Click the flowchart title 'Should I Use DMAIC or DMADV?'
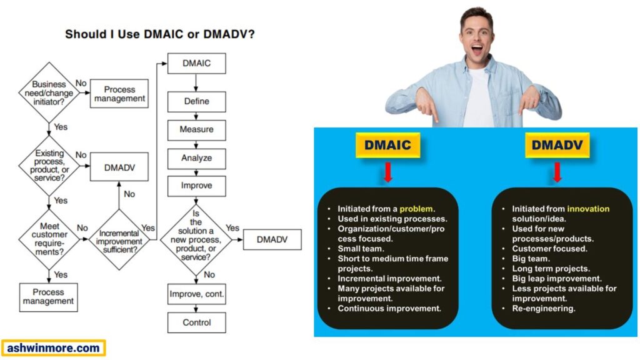pos(159,34)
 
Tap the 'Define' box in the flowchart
pos(196,101)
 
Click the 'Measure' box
pos(196,129)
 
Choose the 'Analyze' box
pos(196,158)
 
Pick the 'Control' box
pos(196,322)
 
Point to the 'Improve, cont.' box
pos(196,294)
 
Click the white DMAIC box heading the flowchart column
pos(196,64)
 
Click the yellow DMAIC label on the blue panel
pos(387,145)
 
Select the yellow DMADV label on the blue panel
pos(557,145)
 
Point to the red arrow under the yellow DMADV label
pos(557,172)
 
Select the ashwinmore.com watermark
pos(53,348)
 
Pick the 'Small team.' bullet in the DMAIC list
pos(359,249)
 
